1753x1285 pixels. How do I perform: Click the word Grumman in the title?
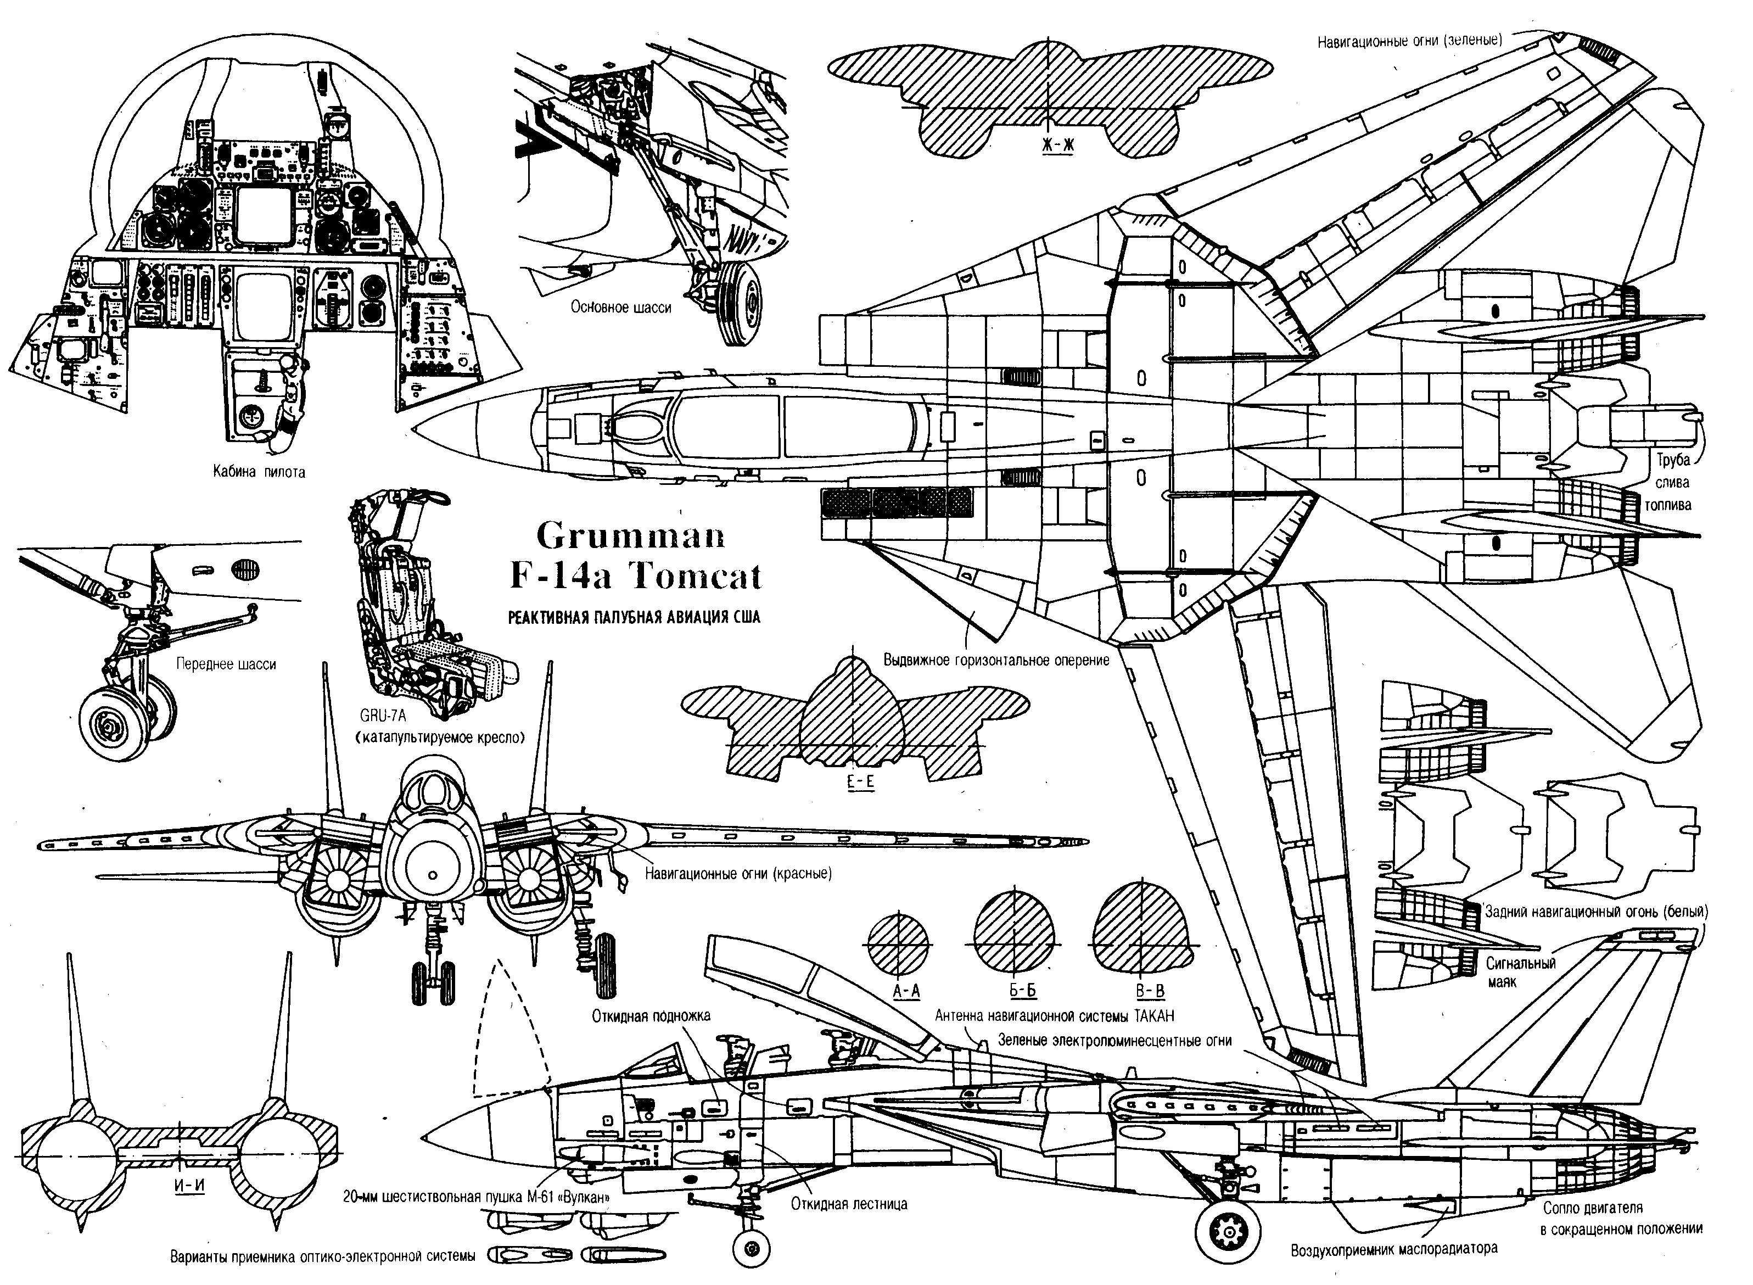[x=630, y=536]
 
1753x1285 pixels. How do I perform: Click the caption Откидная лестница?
[x=849, y=1204]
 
